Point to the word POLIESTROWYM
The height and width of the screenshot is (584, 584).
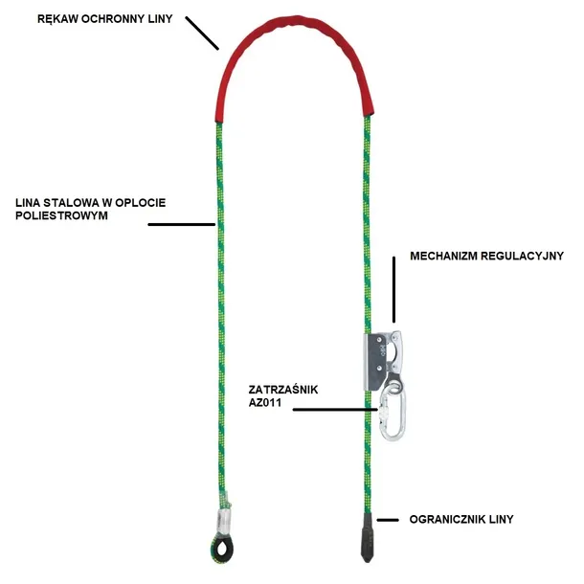61,215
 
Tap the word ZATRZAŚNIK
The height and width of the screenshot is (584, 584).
283,390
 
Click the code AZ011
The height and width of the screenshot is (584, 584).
265,403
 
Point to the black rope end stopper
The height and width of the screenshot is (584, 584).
367,537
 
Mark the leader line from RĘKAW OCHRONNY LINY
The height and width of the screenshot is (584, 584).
202,33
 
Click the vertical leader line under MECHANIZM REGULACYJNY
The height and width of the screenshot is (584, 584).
394,289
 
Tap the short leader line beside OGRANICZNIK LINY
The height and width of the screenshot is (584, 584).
388,520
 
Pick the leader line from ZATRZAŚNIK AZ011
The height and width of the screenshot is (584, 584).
335,410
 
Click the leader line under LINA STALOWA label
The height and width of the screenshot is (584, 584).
182,225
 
